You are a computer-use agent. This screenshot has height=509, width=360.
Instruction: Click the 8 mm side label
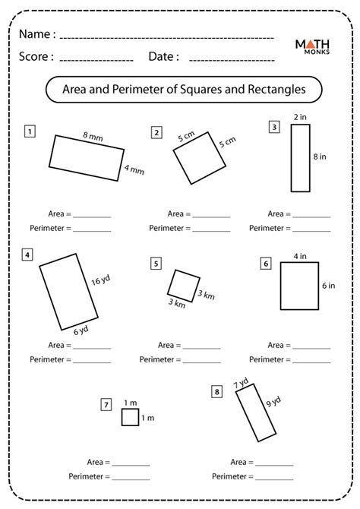[x=93, y=136]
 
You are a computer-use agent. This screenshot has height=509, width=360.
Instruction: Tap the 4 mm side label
[x=134, y=169]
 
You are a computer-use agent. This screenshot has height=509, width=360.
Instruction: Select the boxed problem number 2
[x=156, y=132]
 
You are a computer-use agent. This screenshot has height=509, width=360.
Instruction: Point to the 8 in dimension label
[x=320, y=156]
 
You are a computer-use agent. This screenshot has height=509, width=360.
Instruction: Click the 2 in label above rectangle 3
[x=300, y=117]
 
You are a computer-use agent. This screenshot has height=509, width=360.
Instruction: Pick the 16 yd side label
[x=100, y=280]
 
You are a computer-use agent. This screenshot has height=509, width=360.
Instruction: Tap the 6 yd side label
[x=81, y=330]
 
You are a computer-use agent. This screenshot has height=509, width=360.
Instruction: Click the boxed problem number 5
[x=156, y=264]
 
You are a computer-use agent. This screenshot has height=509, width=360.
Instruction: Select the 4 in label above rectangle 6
[x=300, y=257]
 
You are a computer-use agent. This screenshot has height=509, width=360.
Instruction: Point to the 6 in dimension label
[x=329, y=286]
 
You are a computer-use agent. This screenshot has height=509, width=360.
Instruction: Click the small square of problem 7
[x=130, y=417]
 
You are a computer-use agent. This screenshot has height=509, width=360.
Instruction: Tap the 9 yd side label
[x=273, y=402]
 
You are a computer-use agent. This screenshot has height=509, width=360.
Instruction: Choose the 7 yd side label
[x=241, y=383]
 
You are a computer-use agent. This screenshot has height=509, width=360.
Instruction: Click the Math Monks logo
[x=312, y=47]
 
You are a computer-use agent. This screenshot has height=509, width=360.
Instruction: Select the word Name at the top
[x=35, y=34]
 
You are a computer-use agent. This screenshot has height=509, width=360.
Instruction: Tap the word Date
[x=161, y=56]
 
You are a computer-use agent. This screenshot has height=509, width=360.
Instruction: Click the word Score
[x=33, y=56]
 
